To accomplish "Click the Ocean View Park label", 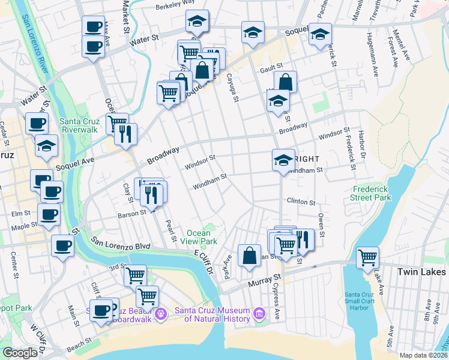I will tap(199, 237).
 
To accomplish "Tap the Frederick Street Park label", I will tap(371, 193).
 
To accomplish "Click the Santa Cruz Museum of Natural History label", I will tap(212, 314).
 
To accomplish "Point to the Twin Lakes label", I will tap(422, 272).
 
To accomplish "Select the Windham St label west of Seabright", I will tap(209, 181).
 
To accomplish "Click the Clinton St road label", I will tap(301, 202).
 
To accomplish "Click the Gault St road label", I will tap(271, 70).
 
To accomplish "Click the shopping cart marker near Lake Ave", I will tap(367, 257).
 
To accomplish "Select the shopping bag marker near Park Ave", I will tap(249, 255).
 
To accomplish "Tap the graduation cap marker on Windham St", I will tap(283, 160).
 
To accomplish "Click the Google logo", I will tap(20, 353).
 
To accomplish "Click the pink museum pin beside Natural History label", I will tap(259, 313).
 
